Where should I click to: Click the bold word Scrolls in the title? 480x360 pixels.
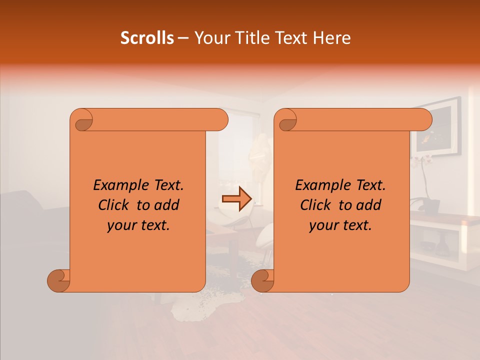coord(147,38)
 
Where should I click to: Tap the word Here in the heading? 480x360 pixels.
coord(332,38)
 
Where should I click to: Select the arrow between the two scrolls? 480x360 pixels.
coord(237,199)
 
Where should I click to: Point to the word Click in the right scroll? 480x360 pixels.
coord(315,205)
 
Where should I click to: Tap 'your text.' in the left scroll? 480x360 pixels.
coord(138,225)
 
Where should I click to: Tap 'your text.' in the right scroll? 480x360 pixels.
coord(340,225)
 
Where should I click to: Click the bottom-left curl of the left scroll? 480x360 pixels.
coord(59,280)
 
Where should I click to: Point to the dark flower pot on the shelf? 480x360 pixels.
coord(431,204)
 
